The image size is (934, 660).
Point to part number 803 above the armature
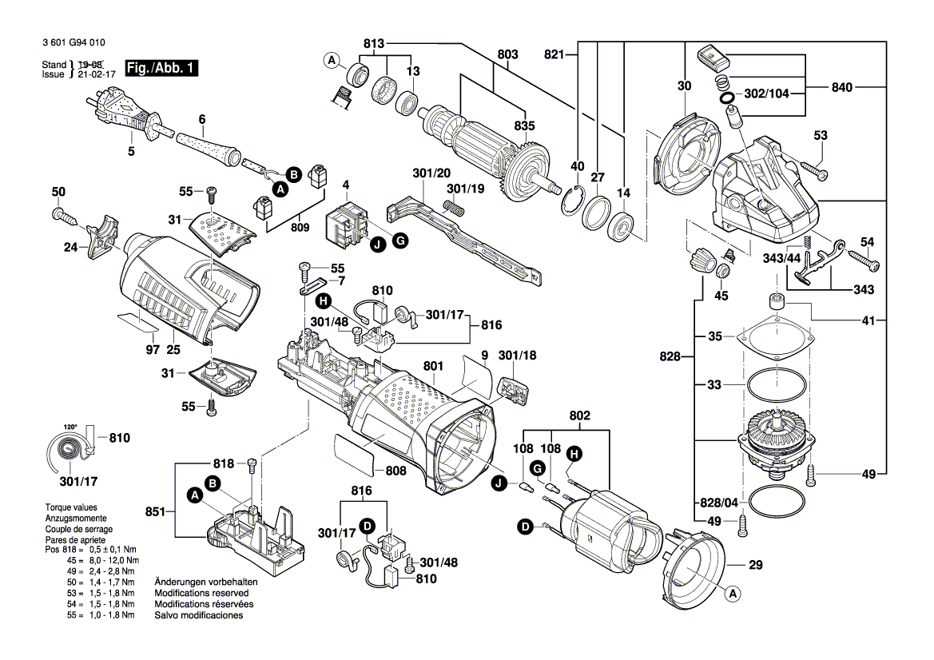pyautogui.click(x=507, y=54)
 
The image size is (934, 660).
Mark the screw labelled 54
pyautogui.click(x=863, y=260)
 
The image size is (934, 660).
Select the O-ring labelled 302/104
pyautogui.click(x=727, y=98)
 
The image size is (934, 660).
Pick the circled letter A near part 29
pyautogui.click(x=730, y=594)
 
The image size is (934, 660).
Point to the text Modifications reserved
pyautogui.click(x=201, y=594)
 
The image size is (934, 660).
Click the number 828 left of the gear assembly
pyautogui.click(x=671, y=358)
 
